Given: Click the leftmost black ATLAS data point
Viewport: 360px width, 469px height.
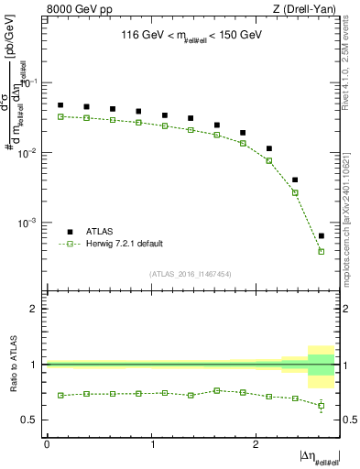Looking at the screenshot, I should coord(60,105).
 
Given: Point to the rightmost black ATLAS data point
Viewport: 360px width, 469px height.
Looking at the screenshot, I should coord(321,236).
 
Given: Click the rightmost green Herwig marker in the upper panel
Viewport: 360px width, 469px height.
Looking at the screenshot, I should coord(321,251).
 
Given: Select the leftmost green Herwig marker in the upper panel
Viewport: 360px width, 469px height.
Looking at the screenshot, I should coord(60,116).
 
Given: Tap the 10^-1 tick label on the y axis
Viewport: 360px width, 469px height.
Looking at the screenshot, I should coord(30,82).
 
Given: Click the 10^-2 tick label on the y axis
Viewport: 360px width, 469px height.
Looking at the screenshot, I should coord(30,153).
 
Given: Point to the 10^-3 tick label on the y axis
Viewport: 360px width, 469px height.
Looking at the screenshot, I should coord(30,224).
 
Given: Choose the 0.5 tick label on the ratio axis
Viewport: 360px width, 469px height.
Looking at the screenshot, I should coord(32,420).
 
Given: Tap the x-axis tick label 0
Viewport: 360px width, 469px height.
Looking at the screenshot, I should coord(48,443).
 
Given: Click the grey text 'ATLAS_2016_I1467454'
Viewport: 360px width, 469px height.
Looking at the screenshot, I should coord(191,274).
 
